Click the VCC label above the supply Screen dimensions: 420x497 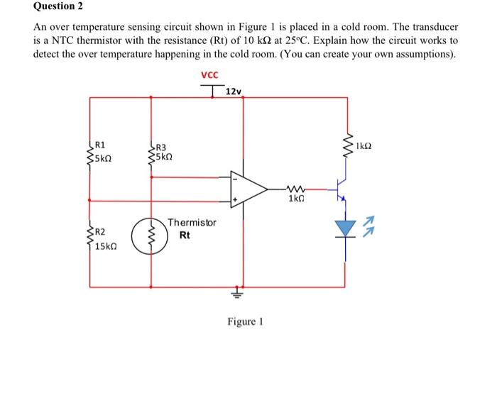[209, 74]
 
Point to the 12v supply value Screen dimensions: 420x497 [234, 92]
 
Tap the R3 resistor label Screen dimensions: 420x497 [161, 145]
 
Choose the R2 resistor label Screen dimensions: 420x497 [100, 233]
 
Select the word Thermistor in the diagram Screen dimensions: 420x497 [191, 223]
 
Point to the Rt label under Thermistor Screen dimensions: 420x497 [185, 235]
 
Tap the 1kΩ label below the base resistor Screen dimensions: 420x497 [296, 200]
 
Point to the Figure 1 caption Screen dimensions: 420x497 [245, 321]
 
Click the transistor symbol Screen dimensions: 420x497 [342, 190]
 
